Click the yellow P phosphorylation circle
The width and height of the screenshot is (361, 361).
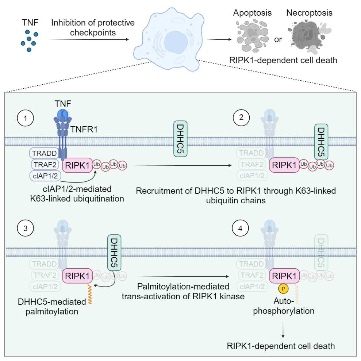283,288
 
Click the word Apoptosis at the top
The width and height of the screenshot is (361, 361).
253,13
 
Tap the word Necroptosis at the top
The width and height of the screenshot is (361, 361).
309,13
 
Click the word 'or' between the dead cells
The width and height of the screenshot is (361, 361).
278,39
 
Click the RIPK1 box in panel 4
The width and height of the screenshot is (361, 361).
284,276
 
